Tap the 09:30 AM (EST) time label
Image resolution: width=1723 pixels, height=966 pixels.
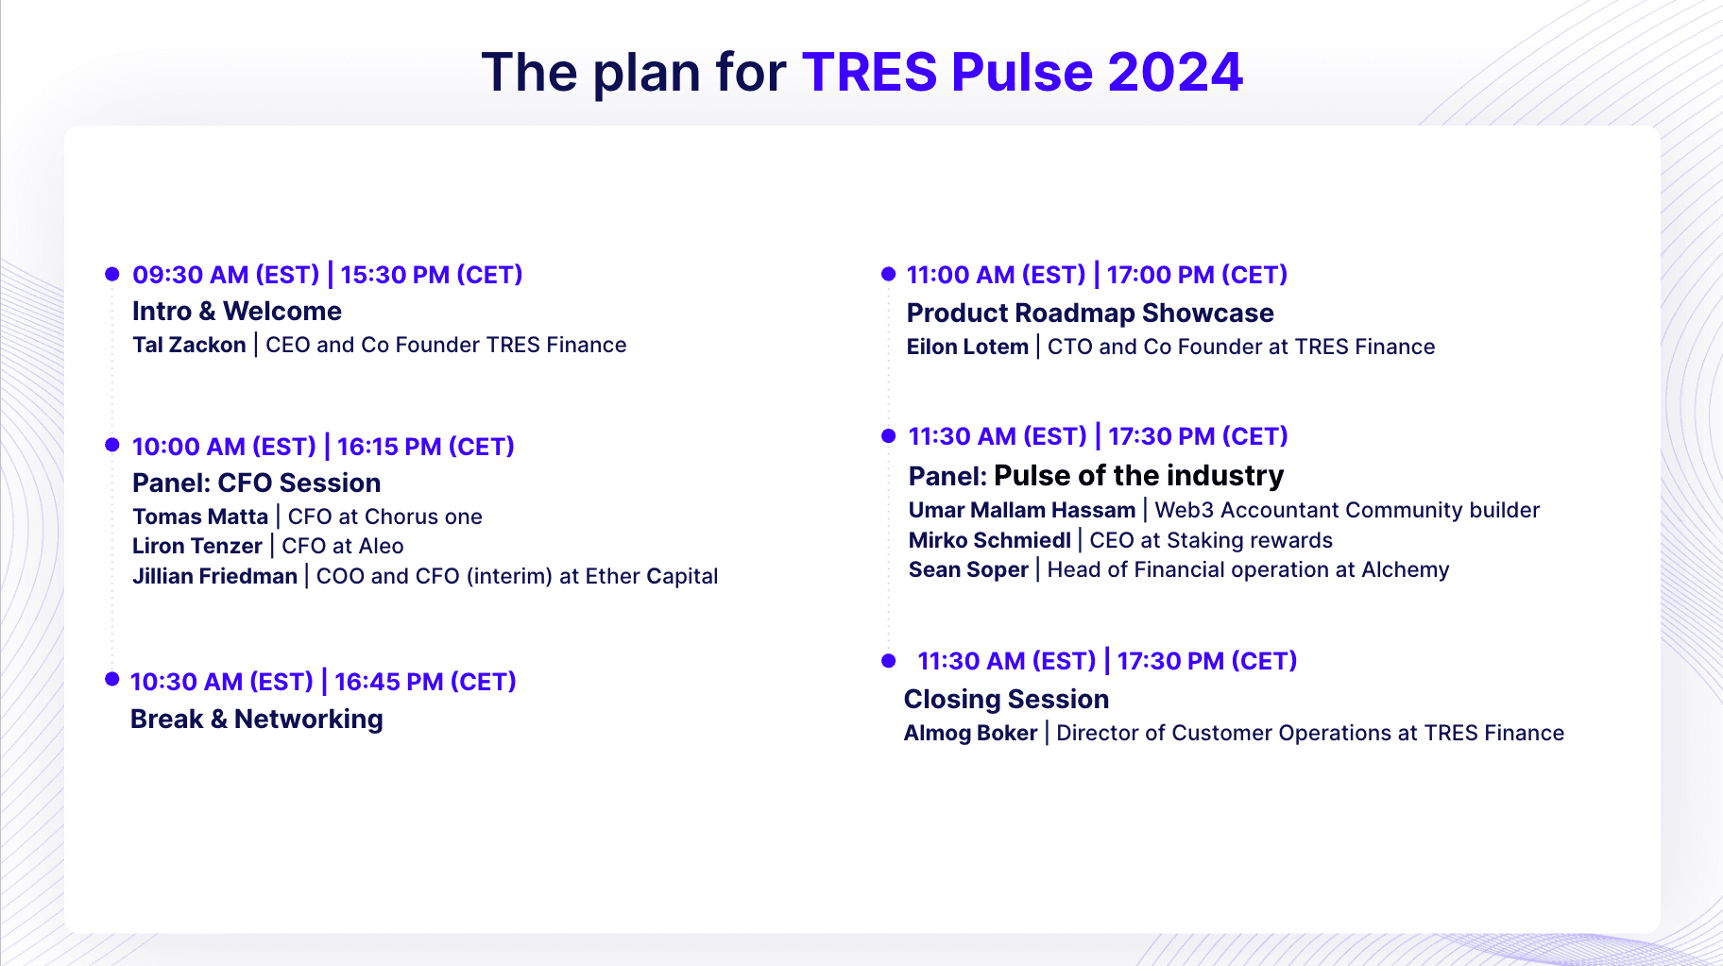coord(226,275)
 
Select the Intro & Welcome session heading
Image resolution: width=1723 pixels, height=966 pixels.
coord(237,312)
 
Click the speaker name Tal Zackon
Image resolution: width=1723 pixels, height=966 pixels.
coord(189,345)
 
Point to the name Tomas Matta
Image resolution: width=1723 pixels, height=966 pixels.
coord(200,517)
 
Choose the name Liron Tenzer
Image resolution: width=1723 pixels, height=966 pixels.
coord(197,546)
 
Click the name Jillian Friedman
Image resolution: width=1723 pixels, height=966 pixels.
coord(214,576)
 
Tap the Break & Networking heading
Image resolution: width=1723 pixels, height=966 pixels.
coord(257,720)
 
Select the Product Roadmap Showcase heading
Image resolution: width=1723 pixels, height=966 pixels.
coord(1090,314)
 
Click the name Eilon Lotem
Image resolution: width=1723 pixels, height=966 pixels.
coord(967,347)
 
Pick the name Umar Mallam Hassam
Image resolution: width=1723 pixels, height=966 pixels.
coord(1022,510)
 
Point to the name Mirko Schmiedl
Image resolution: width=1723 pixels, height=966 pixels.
coord(990,540)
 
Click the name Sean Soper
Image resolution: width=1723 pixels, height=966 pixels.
coord(968,569)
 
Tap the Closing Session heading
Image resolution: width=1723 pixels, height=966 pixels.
coord(1006,700)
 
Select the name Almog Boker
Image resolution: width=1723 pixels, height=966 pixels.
coord(970,733)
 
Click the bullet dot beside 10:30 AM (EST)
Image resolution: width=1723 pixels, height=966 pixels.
coord(112,679)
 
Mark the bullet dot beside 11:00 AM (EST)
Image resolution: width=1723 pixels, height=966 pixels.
coord(888,274)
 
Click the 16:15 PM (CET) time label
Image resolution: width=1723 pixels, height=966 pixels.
coord(426,447)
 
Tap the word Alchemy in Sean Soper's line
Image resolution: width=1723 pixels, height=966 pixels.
coord(1405,570)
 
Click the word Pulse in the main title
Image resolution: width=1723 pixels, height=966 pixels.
coord(1022,72)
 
